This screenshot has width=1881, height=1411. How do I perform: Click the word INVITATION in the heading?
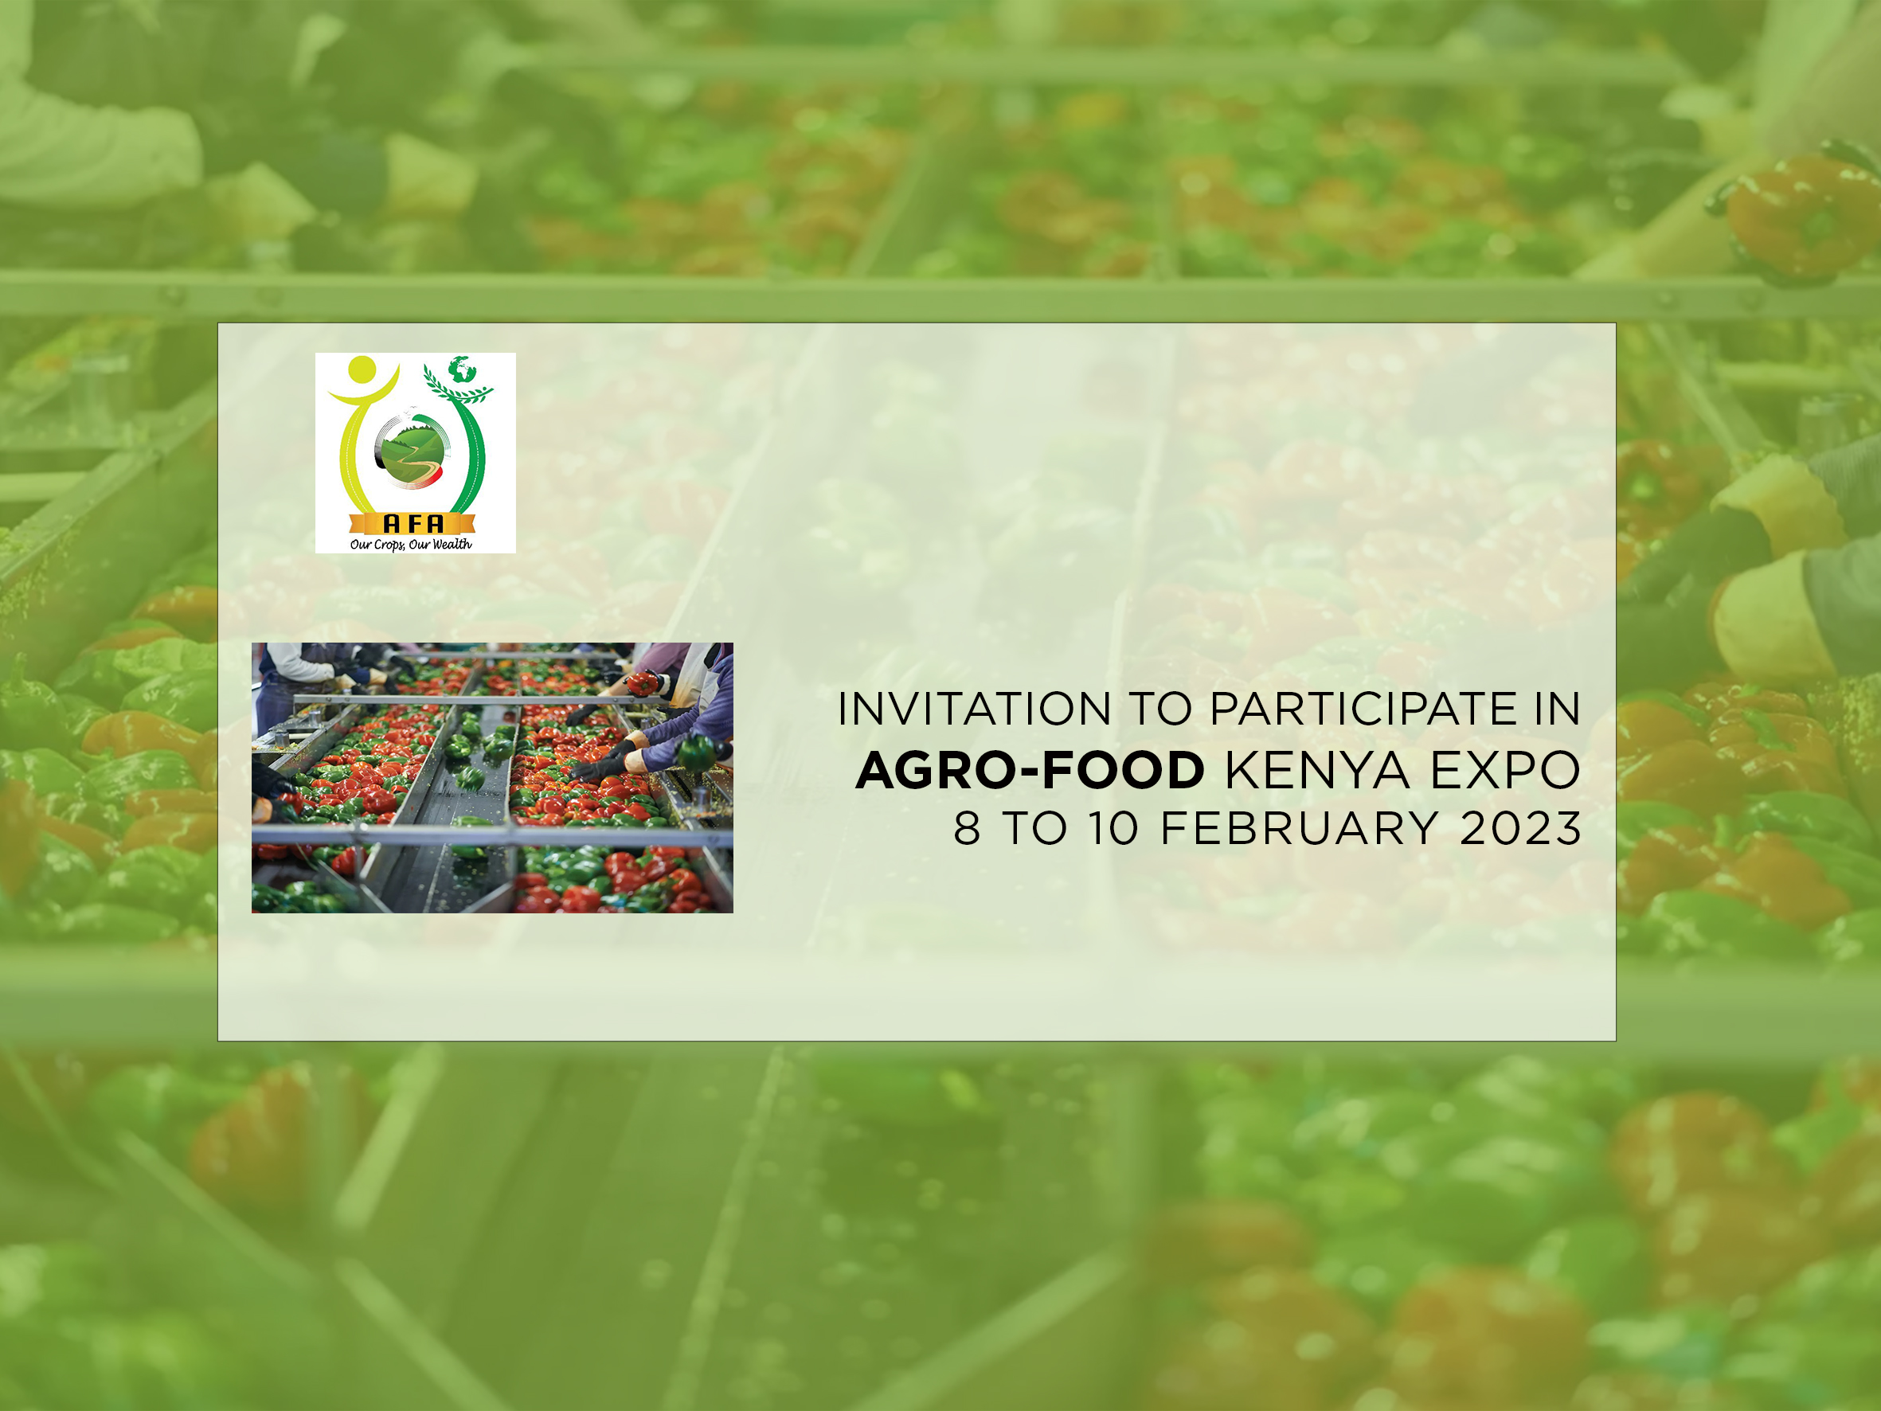[974, 709]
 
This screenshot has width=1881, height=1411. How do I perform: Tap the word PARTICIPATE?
[1363, 709]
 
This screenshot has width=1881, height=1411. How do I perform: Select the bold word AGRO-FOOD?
[1030, 771]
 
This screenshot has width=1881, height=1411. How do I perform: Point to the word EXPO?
[1505, 771]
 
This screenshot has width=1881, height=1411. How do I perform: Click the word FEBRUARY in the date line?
[1300, 828]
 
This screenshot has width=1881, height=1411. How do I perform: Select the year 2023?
[1520, 828]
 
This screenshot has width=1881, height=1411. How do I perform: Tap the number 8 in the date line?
[967, 828]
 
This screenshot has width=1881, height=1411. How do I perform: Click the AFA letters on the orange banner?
[413, 524]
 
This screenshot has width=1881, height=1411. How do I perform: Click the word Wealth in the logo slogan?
[452, 545]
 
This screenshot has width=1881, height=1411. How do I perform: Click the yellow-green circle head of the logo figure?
[362, 369]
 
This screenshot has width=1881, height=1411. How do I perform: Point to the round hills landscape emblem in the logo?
[412, 450]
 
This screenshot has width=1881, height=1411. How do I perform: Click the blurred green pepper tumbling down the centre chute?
[470, 776]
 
